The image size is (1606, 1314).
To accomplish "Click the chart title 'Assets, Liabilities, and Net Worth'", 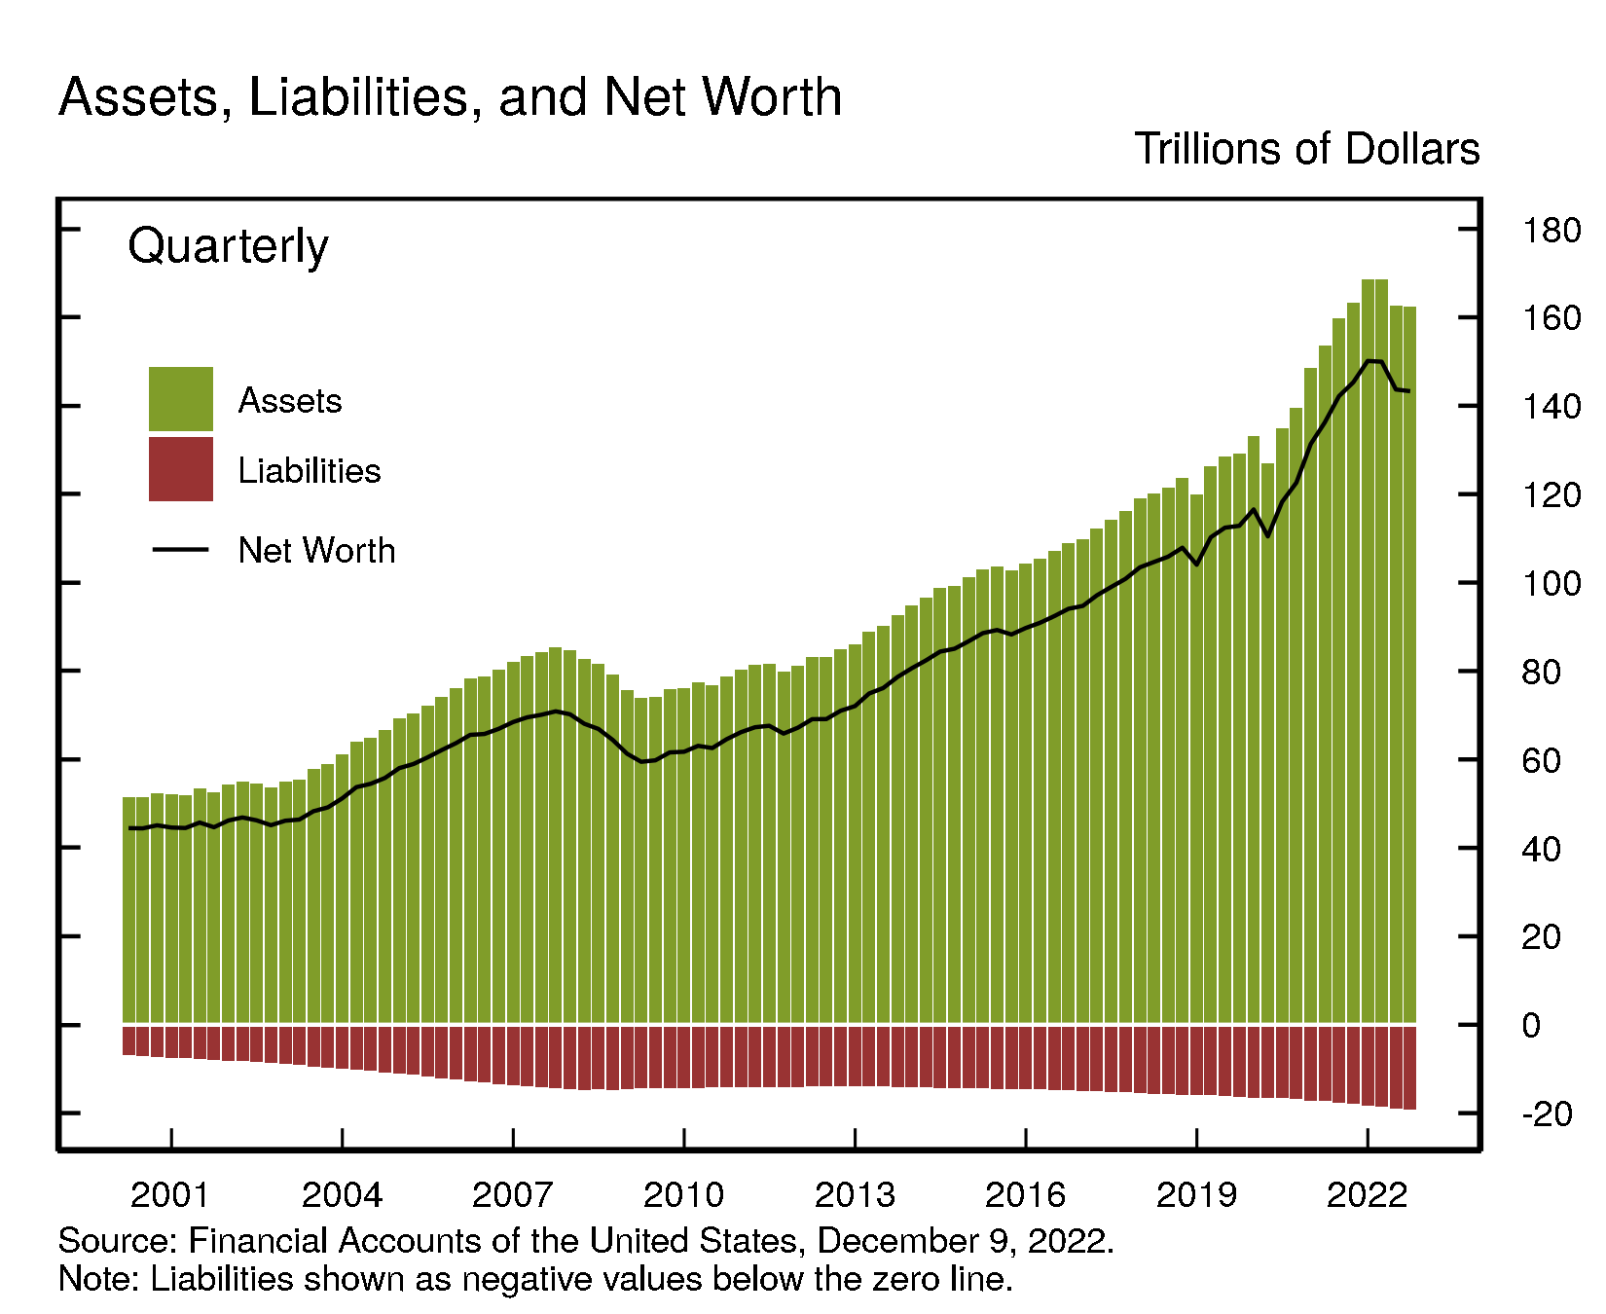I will coord(450,97).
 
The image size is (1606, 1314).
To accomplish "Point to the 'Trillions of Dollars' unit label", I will coord(1306,150).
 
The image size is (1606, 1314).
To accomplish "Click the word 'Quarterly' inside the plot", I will coord(228,245).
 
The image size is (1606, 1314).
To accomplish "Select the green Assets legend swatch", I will coord(181,399).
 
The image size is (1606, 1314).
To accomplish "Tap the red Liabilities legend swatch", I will coord(181,469).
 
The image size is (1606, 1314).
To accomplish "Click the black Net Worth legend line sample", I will coord(181,550).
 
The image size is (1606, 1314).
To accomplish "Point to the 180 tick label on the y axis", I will coord(1551,231).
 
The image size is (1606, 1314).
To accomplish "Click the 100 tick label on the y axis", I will coord(1551,584).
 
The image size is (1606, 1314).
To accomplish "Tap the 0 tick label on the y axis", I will coord(1531,1026).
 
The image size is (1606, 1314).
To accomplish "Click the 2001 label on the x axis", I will coord(170,1194).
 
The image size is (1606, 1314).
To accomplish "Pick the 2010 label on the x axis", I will coord(683,1194).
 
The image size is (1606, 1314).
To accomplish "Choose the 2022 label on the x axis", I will coord(1367,1194).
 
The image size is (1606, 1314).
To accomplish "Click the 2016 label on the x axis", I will coord(1025,1194).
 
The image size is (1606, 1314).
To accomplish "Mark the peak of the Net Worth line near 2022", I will coord(1369,361).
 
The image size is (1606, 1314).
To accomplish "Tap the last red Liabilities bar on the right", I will coord(1409,1067).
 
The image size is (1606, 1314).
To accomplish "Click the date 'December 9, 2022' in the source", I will coord(964,1241).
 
